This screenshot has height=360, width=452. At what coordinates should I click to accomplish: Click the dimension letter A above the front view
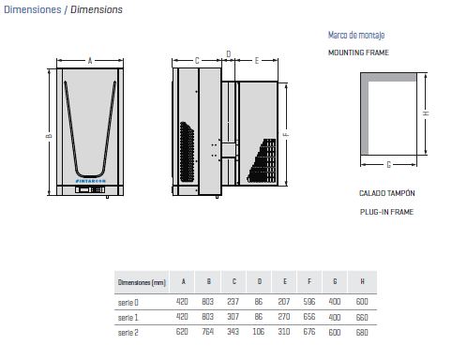(90, 61)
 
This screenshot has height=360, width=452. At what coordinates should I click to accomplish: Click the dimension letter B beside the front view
(49, 136)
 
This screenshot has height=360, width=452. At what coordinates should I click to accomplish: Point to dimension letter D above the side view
(229, 54)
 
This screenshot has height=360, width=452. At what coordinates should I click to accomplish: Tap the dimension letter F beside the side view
(286, 134)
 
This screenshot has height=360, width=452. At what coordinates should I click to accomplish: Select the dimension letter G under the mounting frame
(389, 165)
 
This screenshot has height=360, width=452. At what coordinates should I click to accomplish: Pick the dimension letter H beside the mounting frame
(426, 113)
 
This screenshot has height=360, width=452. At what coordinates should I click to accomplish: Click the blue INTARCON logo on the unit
(91, 181)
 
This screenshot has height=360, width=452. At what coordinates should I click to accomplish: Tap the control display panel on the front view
(90, 189)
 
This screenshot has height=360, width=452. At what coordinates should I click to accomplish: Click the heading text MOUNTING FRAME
(358, 52)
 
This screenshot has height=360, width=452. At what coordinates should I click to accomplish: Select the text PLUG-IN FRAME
(386, 212)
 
